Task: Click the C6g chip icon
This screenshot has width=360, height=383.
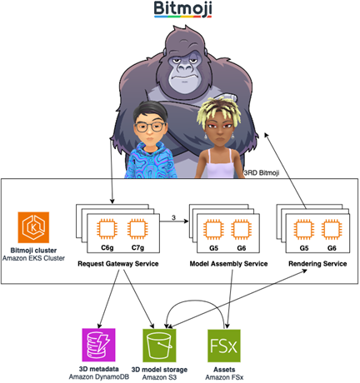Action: (x=108, y=228)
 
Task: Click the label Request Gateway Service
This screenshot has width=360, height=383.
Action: (x=119, y=264)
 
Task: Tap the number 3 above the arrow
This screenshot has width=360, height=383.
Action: (x=172, y=218)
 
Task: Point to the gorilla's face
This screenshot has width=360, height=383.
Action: (x=182, y=72)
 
